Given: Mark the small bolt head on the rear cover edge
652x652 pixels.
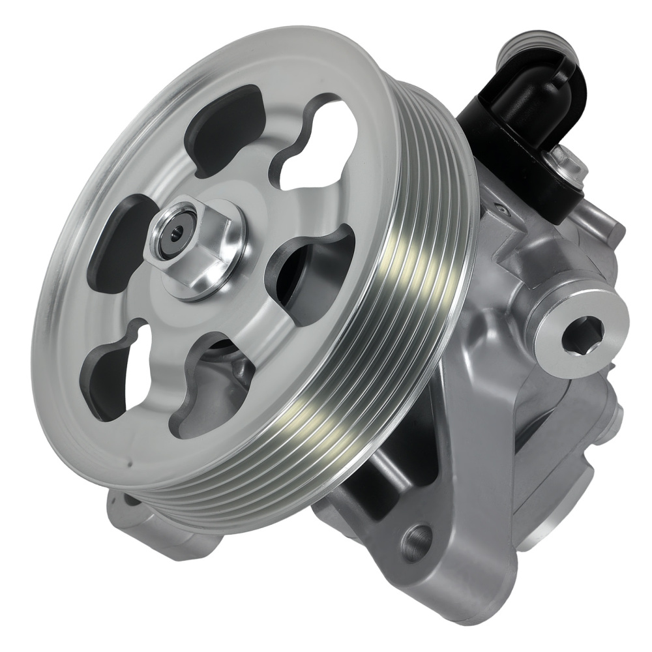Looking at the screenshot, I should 613,414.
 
